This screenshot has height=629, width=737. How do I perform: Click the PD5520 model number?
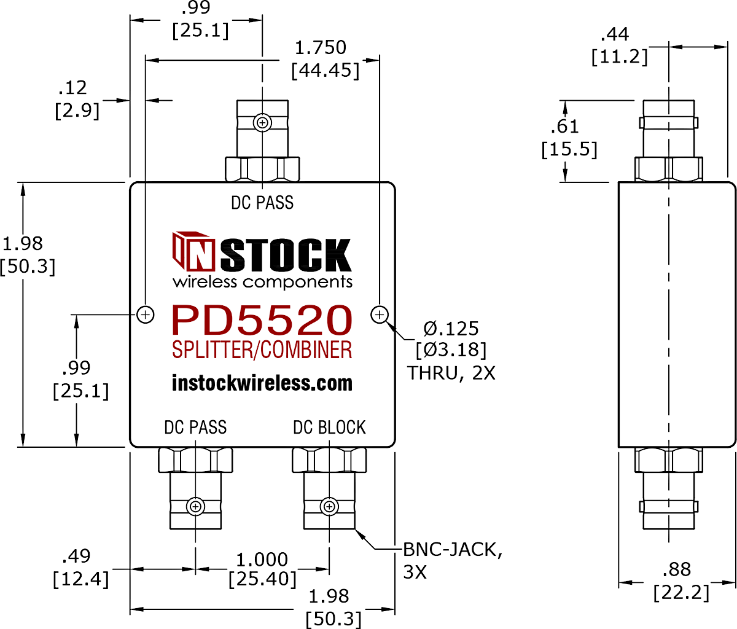tap(262, 320)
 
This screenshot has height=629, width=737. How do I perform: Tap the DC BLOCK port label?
tap(329, 428)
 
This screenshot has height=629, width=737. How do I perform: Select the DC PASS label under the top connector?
tap(262, 202)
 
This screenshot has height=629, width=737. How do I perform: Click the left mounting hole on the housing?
tap(146, 315)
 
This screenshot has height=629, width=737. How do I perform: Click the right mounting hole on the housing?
tap(380, 315)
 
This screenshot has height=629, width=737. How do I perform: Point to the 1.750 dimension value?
tap(321, 47)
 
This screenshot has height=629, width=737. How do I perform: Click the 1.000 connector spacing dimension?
tap(262, 560)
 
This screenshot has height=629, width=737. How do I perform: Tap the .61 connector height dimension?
tap(564, 127)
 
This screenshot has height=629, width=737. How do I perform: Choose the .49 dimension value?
tap(76, 556)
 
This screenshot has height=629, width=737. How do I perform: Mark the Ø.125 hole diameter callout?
tap(451, 329)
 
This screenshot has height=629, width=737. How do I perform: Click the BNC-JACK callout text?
tap(453, 550)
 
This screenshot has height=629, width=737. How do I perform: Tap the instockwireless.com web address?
tap(262, 383)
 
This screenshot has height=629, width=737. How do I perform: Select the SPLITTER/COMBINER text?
tap(262, 350)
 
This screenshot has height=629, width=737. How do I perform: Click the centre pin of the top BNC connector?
tap(263, 123)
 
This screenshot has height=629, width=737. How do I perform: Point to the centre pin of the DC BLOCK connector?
tap(329, 507)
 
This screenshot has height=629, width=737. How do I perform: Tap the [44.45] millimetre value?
tap(326, 71)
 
